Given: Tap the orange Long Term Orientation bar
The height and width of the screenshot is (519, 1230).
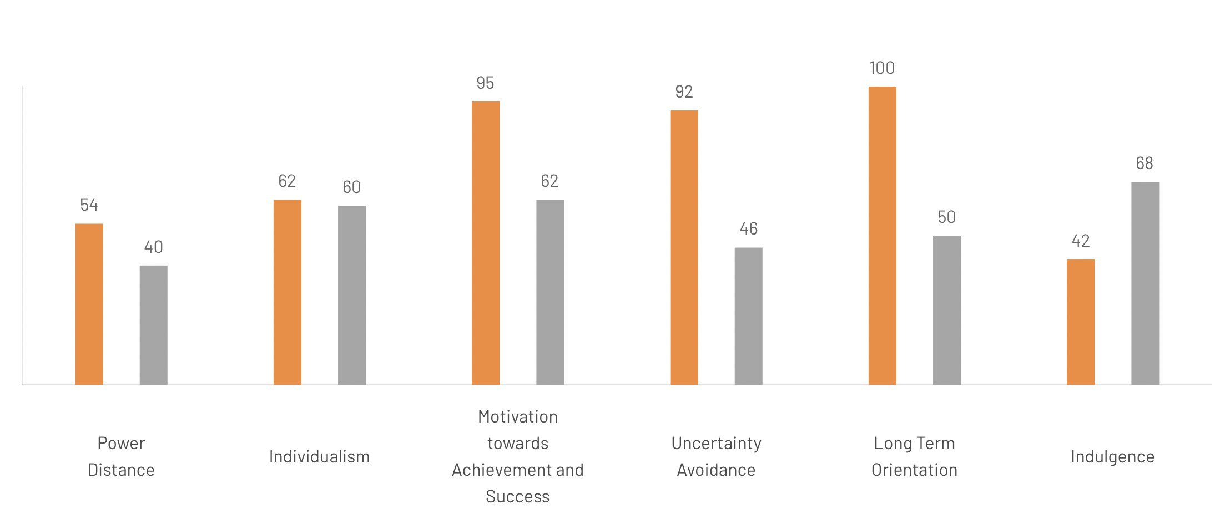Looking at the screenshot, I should (x=882, y=236).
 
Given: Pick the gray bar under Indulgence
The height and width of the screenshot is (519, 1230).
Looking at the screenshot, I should (x=1145, y=283).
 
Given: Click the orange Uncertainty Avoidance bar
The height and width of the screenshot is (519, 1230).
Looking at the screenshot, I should (x=684, y=247).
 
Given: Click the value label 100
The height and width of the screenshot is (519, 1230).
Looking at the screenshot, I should (x=881, y=68).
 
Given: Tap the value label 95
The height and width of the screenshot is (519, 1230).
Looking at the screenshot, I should (x=485, y=83).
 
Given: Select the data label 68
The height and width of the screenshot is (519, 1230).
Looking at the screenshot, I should (x=1144, y=164).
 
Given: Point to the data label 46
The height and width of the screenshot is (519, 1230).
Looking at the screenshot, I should (x=748, y=229).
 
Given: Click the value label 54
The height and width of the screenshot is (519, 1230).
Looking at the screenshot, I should (x=89, y=205).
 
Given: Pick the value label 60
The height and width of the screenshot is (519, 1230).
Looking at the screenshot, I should (x=351, y=187).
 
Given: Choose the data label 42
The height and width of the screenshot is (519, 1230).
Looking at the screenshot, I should (x=1080, y=241).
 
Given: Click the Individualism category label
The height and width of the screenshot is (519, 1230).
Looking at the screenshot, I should (x=319, y=457).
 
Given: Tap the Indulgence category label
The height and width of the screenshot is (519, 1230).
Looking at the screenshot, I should (x=1112, y=457).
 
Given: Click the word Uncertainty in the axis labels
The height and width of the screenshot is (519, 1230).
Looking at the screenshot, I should (x=716, y=444).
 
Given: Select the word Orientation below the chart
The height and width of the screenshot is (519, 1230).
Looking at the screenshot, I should (x=914, y=470).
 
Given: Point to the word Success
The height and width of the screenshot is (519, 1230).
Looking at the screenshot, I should (x=517, y=497).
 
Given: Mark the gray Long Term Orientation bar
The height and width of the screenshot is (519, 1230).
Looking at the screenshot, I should (x=946, y=310).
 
